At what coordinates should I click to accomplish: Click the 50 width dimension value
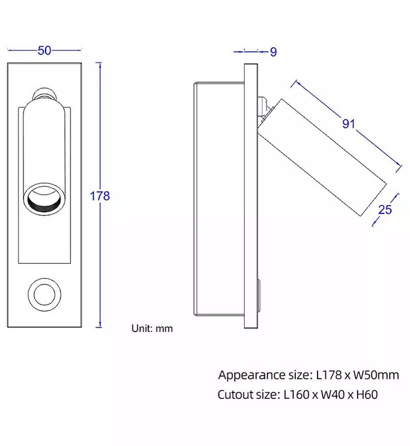pos(44,50)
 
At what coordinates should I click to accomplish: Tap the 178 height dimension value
pos(100,196)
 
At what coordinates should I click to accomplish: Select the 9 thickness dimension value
pos(274,52)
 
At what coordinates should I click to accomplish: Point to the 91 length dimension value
pos(349,124)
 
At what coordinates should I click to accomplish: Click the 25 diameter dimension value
pos(385,209)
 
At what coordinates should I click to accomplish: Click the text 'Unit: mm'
pos(152,328)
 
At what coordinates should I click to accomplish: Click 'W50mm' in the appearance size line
pos(376,375)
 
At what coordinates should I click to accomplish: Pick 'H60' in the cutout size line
pos(367,395)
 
